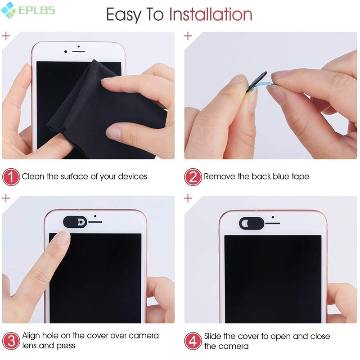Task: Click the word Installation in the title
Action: pos(210,15)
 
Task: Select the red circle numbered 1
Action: pos(11,177)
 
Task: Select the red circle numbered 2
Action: pos(193,177)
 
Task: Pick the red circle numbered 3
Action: pos(11,341)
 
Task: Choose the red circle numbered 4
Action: pos(193,341)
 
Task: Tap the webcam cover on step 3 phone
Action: pos(75,221)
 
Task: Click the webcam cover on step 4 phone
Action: pos(250,223)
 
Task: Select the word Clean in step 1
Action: pos(33,176)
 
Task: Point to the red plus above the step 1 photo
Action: pos(6,36)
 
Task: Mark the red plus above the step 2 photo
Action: pos(188,36)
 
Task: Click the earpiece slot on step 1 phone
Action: pos(78,46)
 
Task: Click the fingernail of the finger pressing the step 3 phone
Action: pos(62,237)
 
